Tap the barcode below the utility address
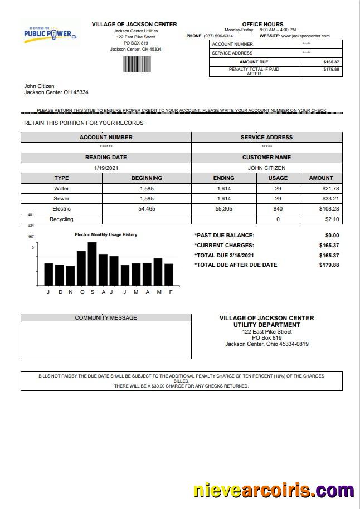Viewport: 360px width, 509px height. pos(137,64)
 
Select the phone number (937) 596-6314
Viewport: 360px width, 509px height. pos(218,36)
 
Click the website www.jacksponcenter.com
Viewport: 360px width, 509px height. pos(305,36)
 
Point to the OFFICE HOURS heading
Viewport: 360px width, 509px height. pos(262,25)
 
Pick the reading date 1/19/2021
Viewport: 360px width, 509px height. pos(106,168)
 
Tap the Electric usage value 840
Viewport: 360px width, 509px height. pos(278,209)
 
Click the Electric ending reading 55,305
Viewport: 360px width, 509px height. pos(223,209)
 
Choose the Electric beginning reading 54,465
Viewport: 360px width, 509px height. pos(147,209)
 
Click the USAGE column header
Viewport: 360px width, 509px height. pos(278,178)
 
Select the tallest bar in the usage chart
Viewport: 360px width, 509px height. pos(92,263)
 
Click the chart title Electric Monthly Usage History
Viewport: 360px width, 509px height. pos(106,235)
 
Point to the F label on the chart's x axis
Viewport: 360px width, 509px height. pos(171,292)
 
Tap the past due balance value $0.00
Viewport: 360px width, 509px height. pos(332,236)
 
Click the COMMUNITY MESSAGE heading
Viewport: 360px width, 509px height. pos(106,318)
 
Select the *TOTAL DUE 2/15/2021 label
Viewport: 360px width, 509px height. pos(228,256)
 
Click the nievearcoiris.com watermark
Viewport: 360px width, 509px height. pos(273,491)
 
